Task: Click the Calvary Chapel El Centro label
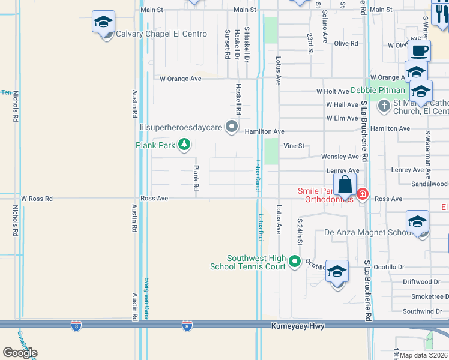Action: (161, 34)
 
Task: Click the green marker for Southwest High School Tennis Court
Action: (294, 261)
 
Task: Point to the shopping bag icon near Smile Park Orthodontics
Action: (345, 184)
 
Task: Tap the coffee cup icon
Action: (419, 50)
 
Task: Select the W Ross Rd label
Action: (37, 198)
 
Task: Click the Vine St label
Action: (294, 146)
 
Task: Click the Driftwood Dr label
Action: (421, 281)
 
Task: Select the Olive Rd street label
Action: (346, 44)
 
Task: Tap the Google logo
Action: (20, 353)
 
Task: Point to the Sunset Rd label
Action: (227, 44)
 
